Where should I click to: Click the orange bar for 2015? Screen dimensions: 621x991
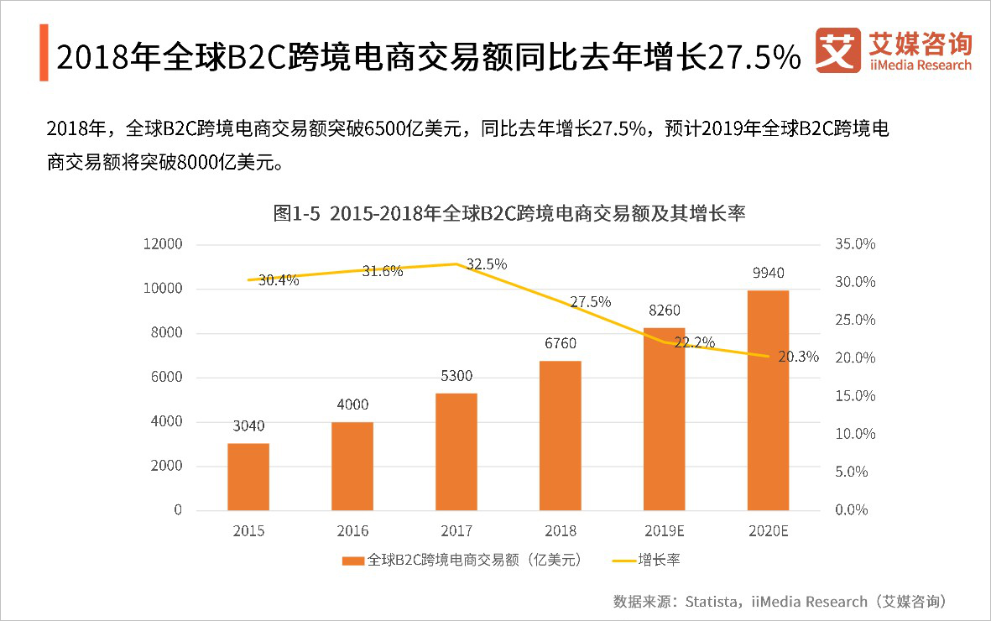[248, 476]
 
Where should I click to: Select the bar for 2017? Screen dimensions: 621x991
[456, 451]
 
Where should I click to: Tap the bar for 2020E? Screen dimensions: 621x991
[768, 399]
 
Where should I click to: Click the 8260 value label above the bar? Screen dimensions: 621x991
[664, 311]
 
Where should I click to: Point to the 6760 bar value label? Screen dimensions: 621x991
[560, 343]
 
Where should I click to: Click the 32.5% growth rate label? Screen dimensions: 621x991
[487, 264]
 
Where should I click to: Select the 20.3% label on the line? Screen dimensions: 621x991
[798, 357]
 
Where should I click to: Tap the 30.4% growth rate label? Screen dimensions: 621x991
[279, 280]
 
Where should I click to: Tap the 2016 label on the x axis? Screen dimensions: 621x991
[352, 531]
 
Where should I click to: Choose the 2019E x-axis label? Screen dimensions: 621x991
[664, 531]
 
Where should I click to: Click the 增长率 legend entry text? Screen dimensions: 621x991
[659, 560]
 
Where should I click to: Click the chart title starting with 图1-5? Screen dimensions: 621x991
[509, 213]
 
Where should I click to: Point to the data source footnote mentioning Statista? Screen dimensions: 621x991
[780, 601]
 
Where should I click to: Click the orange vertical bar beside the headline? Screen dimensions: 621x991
[44, 53]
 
